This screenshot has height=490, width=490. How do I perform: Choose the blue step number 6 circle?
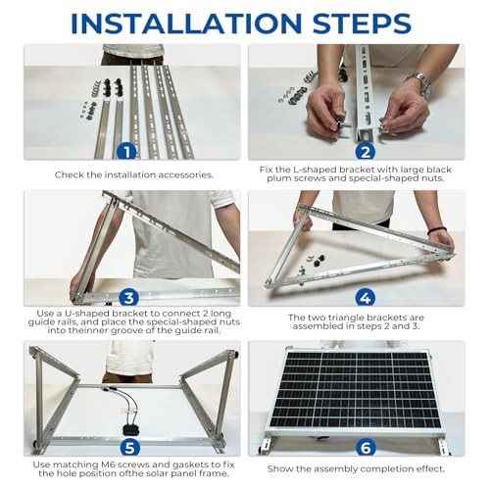(366, 447)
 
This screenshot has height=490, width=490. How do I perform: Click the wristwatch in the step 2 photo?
(423, 86)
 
